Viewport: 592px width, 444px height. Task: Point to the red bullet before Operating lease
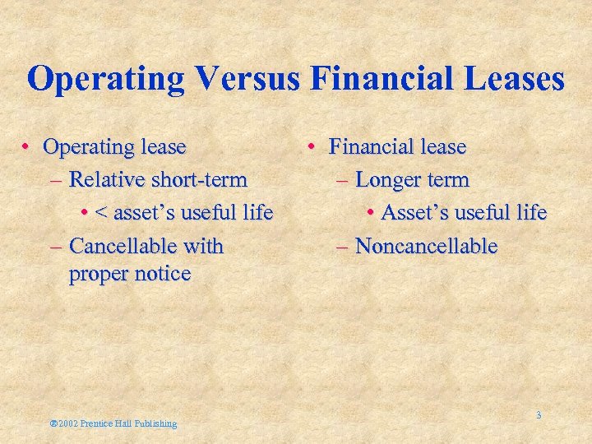pos(27,147)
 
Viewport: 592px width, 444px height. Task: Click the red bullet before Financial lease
pos(313,147)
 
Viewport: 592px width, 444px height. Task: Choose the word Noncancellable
pos(426,246)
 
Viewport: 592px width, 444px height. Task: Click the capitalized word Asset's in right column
pos(410,213)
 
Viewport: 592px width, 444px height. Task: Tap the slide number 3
pos(539,415)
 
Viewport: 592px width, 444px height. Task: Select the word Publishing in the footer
pos(155,423)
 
